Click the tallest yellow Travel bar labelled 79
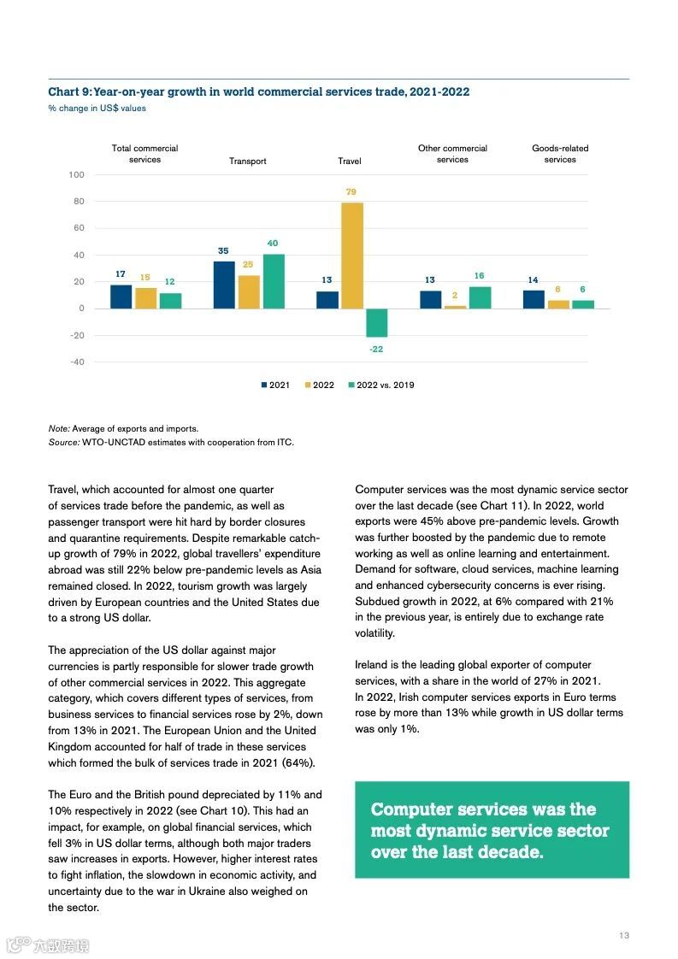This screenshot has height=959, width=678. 351,255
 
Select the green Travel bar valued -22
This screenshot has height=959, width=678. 376,322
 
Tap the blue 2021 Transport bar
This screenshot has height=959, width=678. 224,285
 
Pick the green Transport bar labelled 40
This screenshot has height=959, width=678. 274,281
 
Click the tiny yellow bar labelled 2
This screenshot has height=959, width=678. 456,306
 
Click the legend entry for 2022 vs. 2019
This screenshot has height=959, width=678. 380,385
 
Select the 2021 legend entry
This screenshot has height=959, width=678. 274,385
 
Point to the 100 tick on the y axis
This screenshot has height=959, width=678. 77,174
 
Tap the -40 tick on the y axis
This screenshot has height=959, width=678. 77,362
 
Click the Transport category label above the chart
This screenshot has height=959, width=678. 247,161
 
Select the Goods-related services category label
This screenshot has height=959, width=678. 560,154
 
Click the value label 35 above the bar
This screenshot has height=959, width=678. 223,250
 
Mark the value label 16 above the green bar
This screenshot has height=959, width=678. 479,276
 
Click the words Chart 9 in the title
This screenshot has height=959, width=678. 68,91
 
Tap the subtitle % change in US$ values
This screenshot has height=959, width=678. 97,109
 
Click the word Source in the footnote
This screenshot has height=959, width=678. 62,442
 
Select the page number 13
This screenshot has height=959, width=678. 624,935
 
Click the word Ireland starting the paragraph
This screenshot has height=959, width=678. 373,664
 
